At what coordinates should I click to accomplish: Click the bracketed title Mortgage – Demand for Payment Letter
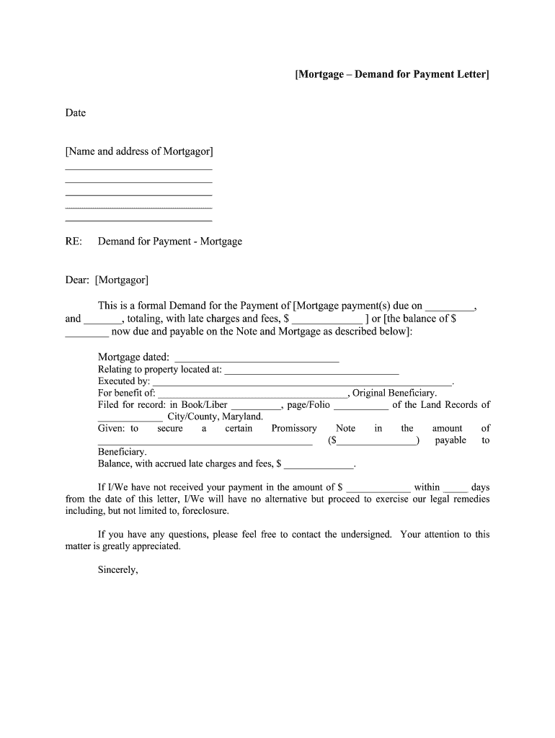tap(391, 74)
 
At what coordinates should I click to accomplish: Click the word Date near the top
tap(76, 113)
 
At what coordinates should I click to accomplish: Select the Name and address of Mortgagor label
tap(139, 151)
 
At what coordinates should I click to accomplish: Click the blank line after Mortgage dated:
tap(257, 358)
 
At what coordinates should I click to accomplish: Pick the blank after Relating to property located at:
tap(311, 371)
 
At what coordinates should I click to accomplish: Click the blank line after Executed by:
tap(302, 383)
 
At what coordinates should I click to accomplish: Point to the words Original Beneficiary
tap(394, 394)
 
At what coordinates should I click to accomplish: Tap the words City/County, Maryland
tap(216, 417)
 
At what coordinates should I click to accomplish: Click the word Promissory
tap(294, 429)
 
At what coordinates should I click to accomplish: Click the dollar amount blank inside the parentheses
tap(376, 441)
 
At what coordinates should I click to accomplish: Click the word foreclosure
tap(206, 511)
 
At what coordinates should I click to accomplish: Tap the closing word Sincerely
tap(117, 570)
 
